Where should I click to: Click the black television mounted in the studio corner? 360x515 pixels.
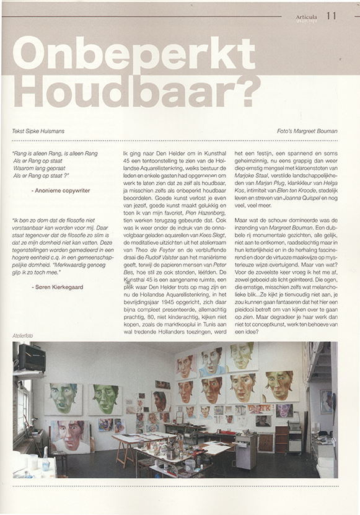[x=32, y=358]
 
